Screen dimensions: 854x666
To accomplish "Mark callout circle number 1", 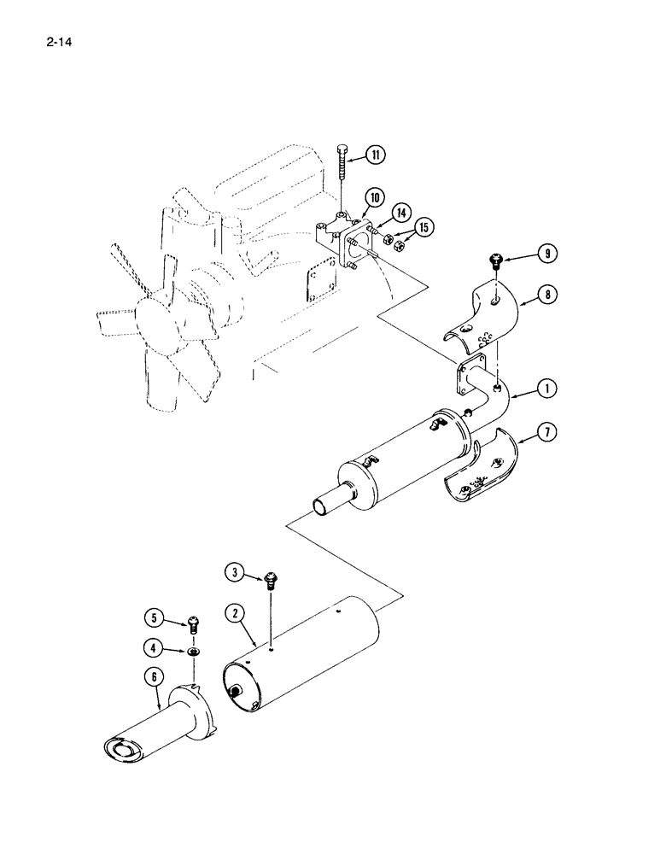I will (549, 389).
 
